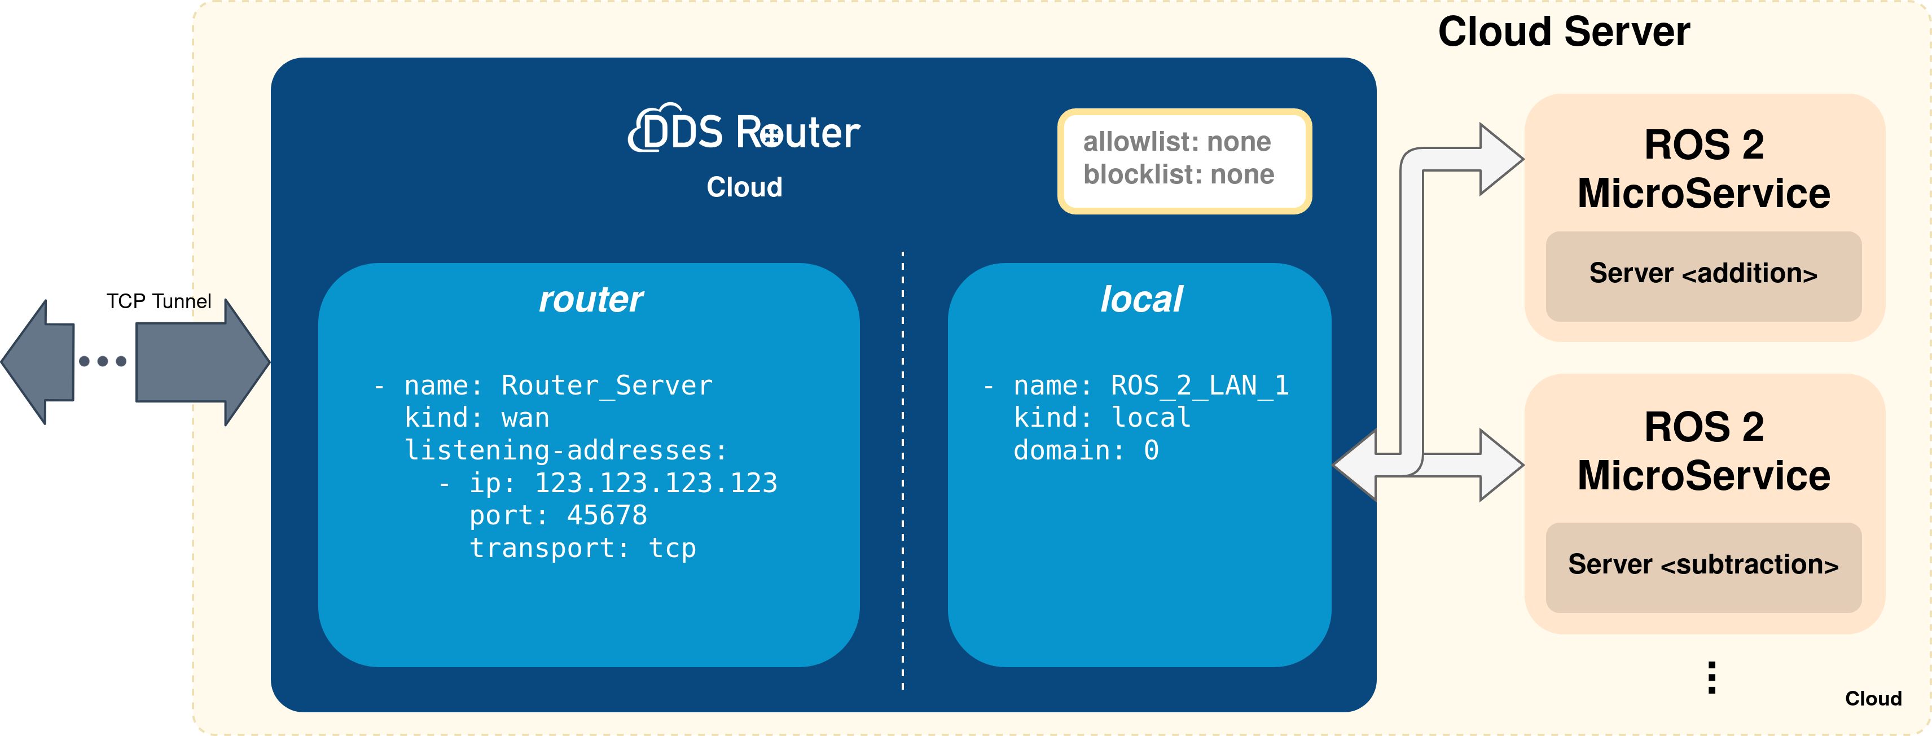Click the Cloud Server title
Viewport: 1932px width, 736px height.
(1563, 32)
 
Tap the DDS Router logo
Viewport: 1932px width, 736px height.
(744, 132)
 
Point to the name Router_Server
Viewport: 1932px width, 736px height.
(606, 385)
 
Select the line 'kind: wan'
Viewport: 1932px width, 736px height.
(477, 418)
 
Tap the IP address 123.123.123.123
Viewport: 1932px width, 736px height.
(656, 483)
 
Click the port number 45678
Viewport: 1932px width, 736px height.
(606, 515)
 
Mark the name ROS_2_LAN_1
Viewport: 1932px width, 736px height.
(1198, 385)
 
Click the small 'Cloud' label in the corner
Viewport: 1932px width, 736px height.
(1873, 699)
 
